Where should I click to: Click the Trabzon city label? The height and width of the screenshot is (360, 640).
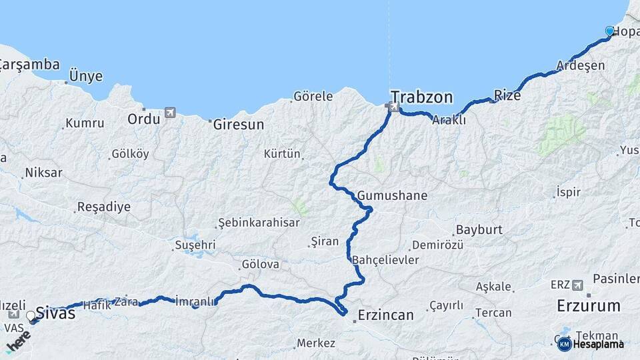point(421,97)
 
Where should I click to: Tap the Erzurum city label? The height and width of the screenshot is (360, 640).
point(589,306)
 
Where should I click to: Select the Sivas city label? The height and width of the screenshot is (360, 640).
point(55,313)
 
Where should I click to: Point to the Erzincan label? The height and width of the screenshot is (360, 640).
point(385,315)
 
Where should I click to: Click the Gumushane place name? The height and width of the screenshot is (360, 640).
point(392,196)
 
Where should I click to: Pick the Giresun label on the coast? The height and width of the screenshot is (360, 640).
point(239,124)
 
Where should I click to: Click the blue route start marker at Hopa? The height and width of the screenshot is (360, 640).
point(609,31)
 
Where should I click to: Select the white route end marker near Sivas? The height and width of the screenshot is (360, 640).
point(31,315)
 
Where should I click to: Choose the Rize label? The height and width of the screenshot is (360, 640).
point(507,95)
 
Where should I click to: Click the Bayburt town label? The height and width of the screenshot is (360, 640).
point(479,230)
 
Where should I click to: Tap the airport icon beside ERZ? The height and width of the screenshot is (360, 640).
point(577,285)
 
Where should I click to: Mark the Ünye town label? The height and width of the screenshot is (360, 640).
point(86,76)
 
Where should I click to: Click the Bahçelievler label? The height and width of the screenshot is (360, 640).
point(385,259)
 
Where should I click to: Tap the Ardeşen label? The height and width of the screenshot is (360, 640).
point(581,65)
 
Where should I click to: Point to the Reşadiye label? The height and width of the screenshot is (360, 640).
point(104,207)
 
